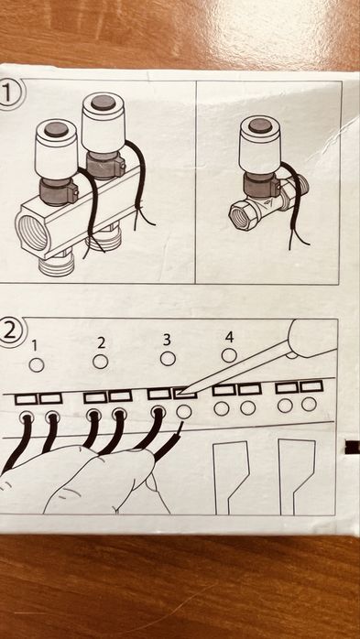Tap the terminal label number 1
click(35, 345)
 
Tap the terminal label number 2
click(101, 342)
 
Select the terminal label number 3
click(167, 339)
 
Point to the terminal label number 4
click(229, 336)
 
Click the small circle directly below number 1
click(36, 364)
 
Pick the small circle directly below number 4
click(229, 354)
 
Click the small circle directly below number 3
click(168, 358)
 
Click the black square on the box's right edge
click(352, 446)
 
